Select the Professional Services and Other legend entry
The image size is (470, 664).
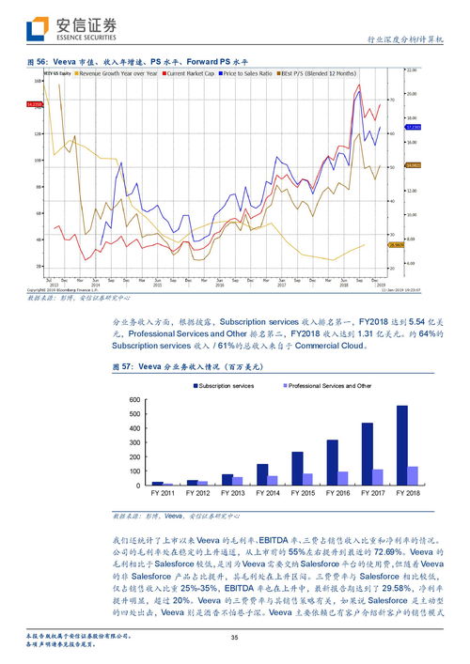tap(329, 386)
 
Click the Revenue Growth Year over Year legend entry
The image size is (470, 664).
tap(117, 72)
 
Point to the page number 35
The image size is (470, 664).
tap(235, 640)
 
